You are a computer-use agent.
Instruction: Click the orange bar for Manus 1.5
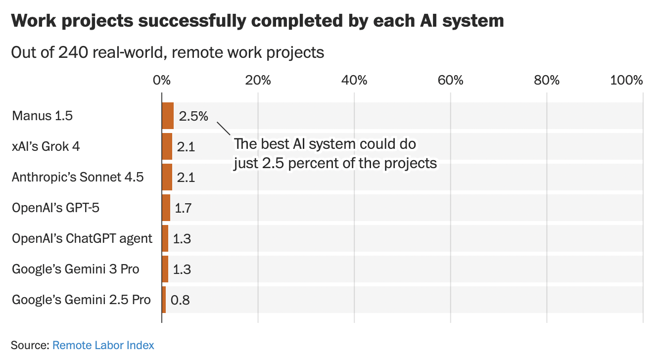pos(168,116)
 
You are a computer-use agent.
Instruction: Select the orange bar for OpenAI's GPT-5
pos(166,208)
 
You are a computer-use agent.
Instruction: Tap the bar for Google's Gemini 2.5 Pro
pos(164,300)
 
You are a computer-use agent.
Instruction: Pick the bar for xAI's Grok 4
pos(167,146)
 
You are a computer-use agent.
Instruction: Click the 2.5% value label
pos(193,116)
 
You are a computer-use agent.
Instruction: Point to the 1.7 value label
pos(183,208)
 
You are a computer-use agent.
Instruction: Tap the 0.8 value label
pos(180,300)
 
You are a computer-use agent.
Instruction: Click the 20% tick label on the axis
pos(258,81)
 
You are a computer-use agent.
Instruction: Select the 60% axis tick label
pos(451,81)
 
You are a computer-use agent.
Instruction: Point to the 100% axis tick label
pos(626,81)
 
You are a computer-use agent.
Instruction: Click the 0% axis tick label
pos(162,81)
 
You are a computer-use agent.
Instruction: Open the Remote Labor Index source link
pos(103,345)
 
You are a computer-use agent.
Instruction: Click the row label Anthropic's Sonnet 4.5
pos(78,177)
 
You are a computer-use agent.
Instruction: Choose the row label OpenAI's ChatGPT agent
pos(82,238)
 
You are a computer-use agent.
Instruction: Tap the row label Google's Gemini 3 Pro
pos(76,269)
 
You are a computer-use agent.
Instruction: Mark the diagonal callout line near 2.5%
pos(224,128)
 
